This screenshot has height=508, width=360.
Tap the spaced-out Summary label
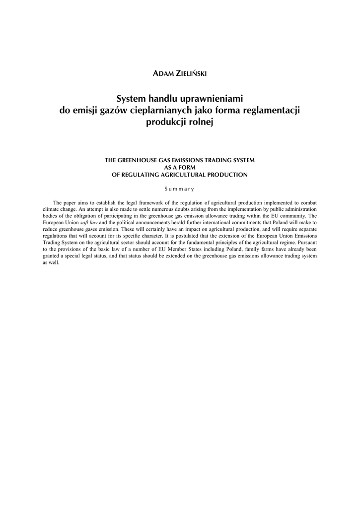(180, 189)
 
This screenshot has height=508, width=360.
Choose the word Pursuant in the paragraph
(306, 243)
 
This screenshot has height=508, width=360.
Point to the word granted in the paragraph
(51, 256)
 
